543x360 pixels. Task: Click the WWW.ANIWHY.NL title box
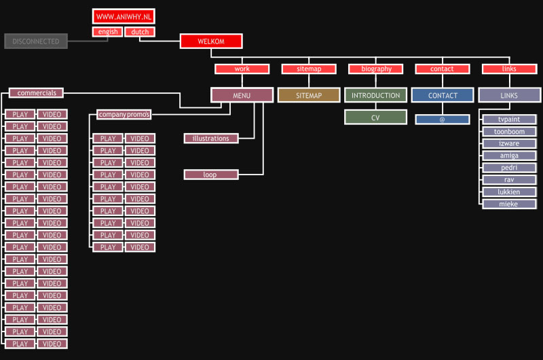click(124, 16)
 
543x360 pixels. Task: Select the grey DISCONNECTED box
click(35, 41)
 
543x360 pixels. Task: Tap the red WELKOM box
click(211, 41)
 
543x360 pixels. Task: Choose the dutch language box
click(140, 32)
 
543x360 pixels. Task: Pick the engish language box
click(107, 32)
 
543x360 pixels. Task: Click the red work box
click(242, 69)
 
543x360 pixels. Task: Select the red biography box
click(376, 69)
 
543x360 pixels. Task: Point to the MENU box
click(242, 96)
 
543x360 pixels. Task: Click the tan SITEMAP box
click(308, 96)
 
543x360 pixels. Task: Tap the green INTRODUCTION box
click(375, 96)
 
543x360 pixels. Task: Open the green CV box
click(375, 118)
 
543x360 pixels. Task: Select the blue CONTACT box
click(443, 96)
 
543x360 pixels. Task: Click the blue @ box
click(443, 120)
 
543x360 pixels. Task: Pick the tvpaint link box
click(509, 119)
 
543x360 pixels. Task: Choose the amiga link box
click(509, 156)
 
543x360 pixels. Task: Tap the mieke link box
click(509, 204)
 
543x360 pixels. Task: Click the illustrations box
click(211, 139)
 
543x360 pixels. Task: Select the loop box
click(210, 175)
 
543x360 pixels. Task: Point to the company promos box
click(124, 114)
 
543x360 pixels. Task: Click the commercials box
click(37, 92)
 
